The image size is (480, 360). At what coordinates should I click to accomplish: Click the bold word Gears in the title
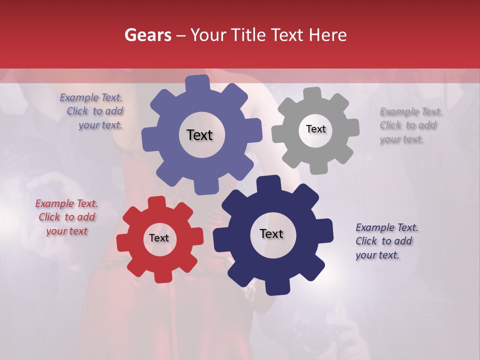pyautogui.click(x=148, y=35)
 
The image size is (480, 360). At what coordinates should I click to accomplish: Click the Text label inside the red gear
pyautogui.click(x=159, y=238)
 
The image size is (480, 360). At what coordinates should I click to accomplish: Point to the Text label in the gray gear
pyautogui.click(x=315, y=129)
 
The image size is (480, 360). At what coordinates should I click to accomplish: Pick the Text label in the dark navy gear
pyautogui.click(x=271, y=233)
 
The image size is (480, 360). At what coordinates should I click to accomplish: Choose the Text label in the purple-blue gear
pyautogui.click(x=199, y=135)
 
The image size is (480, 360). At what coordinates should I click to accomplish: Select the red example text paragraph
pyautogui.click(x=66, y=217)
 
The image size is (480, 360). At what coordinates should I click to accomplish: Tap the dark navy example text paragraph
pyautogui.click(x=386, y=241)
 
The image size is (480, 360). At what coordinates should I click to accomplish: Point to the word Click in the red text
pyautogui.click(x=49, y=217)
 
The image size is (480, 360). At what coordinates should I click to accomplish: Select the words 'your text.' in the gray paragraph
pyautogui.click(x=401, y=139)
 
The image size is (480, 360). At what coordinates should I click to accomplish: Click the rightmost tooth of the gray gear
pyautogui.click(x=352, y=127)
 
